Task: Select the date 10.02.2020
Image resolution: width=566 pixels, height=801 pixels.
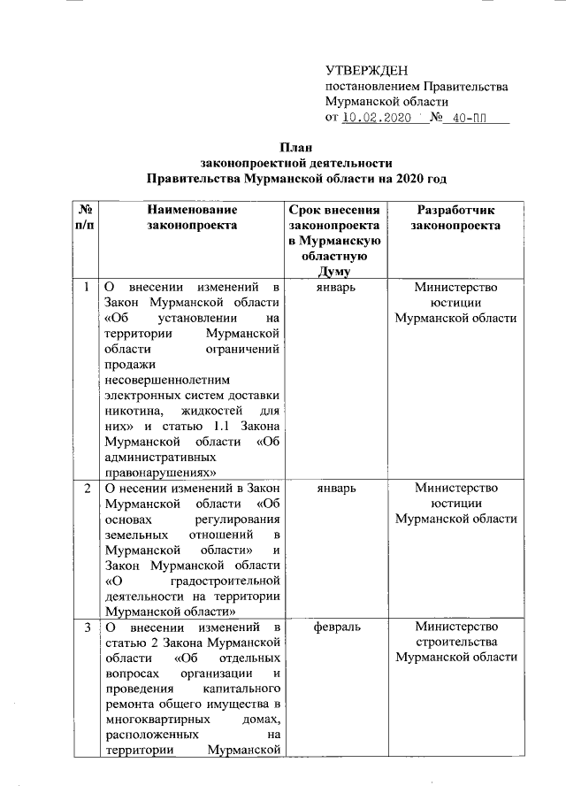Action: point(378,117)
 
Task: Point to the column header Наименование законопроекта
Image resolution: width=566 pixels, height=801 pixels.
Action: point(192,218)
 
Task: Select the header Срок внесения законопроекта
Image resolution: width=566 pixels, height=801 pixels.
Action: point(334,218)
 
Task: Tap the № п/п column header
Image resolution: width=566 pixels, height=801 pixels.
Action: point(86,218)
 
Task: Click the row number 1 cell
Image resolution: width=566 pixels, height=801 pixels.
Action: point(86,287)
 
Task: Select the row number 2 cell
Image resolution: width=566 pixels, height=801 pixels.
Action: point(86,488)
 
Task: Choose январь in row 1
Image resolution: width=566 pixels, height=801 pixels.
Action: point(334,287)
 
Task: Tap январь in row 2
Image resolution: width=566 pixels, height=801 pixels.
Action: point(334,488)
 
